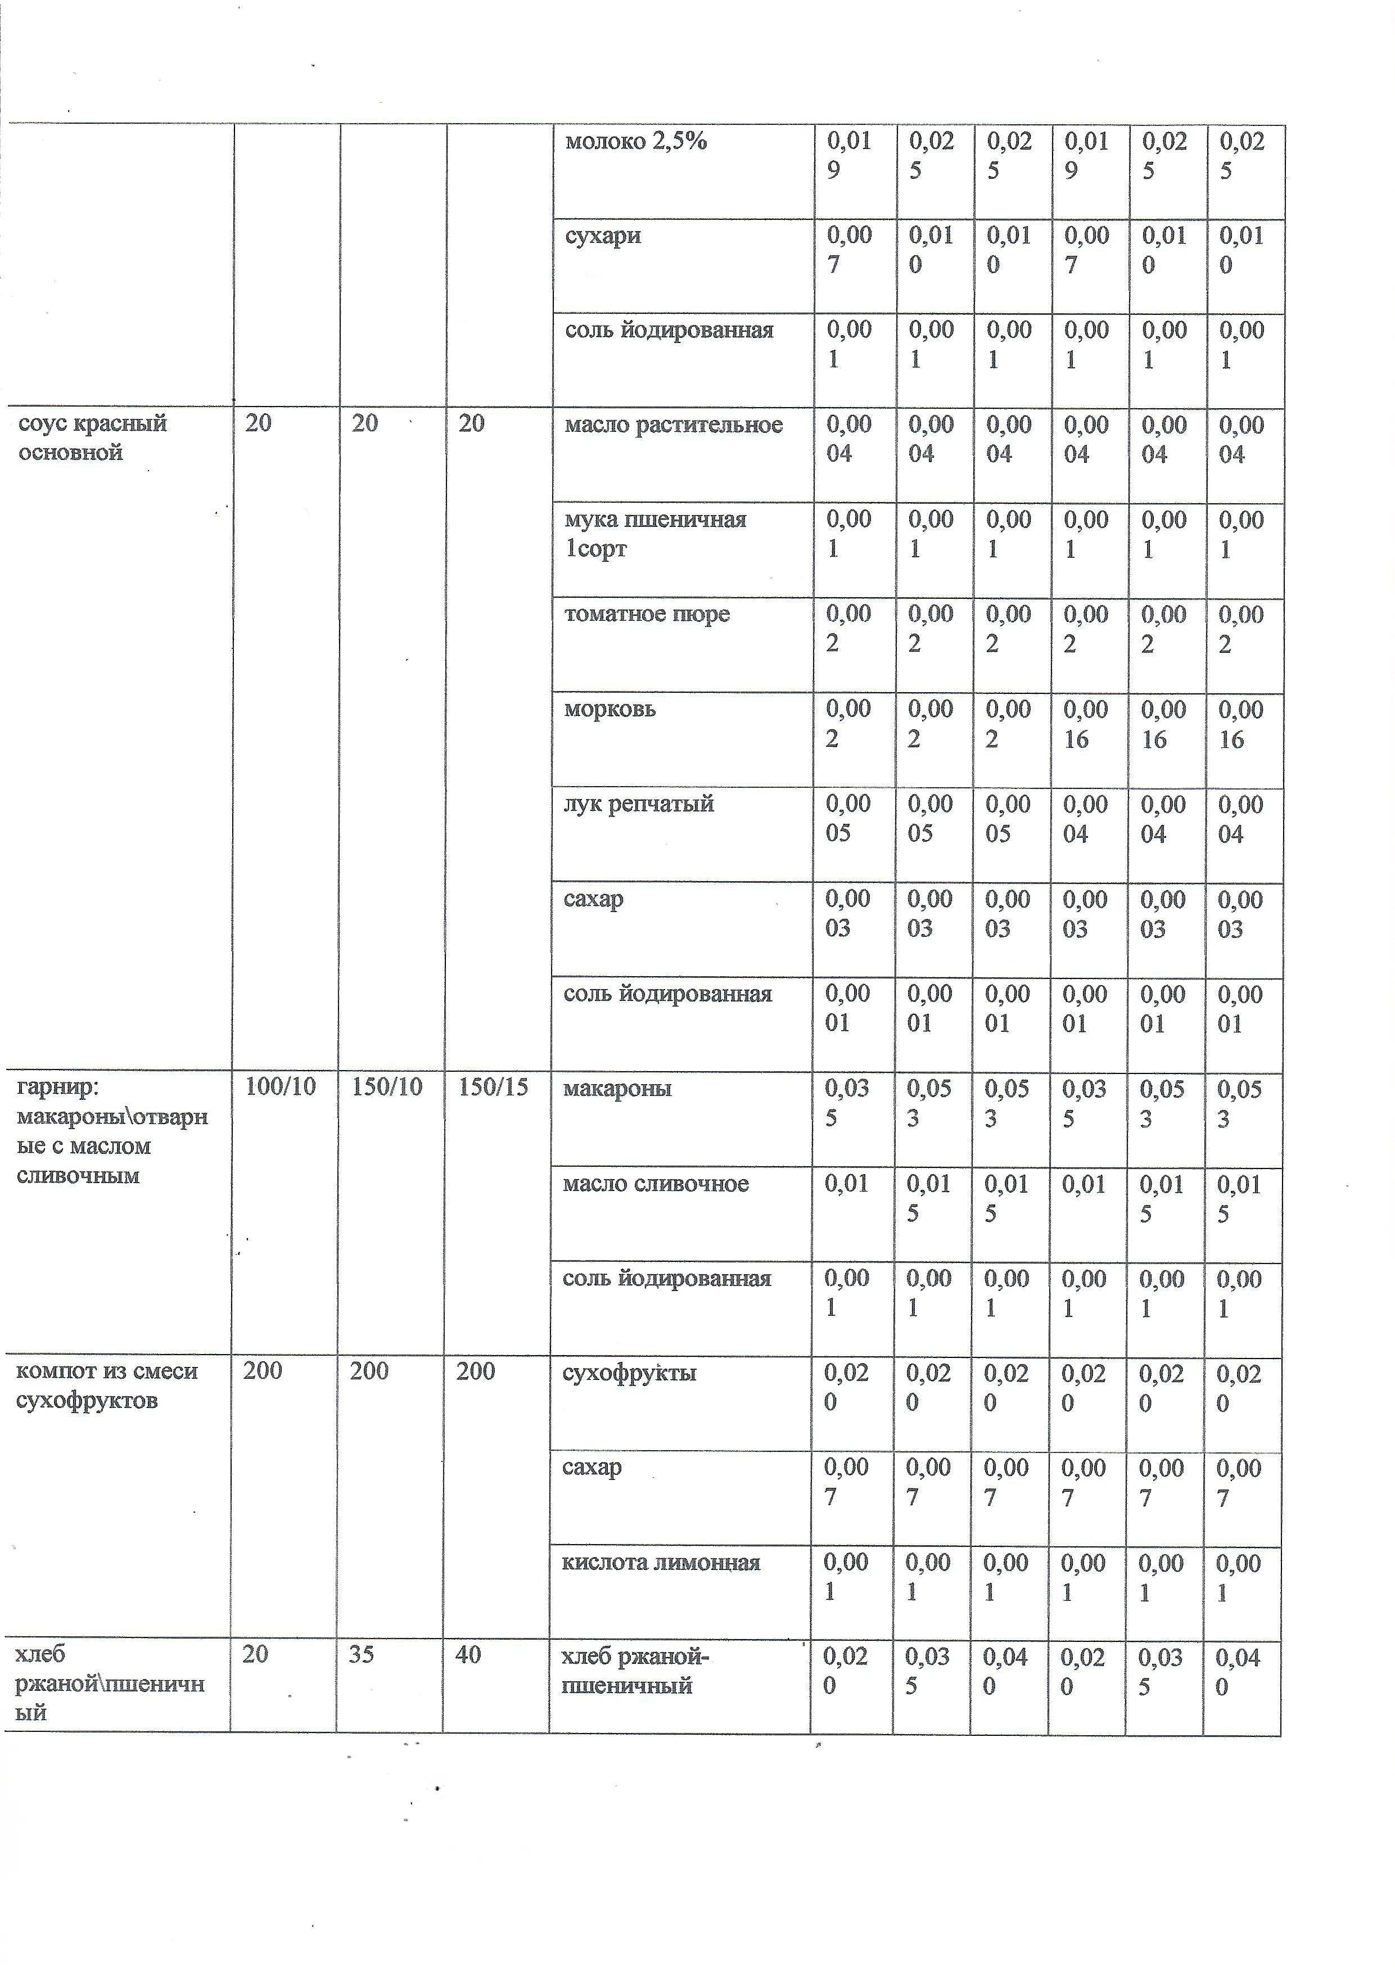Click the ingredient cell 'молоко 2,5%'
coord(636,142)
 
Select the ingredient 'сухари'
coord(602,236)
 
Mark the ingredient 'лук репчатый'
coord(638,805)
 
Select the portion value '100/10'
coord(280,1087)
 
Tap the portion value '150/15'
coord(493,1087)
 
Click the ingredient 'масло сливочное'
coord(656,1184)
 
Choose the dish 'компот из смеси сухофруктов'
coord(106,1386)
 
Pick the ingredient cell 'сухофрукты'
coord(629,1373)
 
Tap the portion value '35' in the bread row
coord(362,1655)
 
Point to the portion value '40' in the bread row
coord(468,1655)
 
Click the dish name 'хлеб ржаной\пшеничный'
coord(109,1684)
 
